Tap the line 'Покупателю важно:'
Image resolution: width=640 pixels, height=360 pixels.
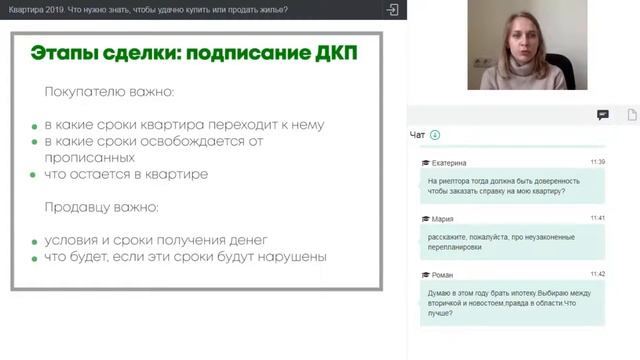point(109,92)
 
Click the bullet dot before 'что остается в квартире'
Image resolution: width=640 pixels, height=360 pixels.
point(34,175)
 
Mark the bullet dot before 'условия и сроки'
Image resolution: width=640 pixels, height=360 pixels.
point(34,240)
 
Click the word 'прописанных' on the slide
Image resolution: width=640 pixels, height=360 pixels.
point(90,157)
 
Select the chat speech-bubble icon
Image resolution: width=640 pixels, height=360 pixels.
point(602,115)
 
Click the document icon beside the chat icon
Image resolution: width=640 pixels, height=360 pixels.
point(631,115)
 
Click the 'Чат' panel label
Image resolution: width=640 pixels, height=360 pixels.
point(418,135)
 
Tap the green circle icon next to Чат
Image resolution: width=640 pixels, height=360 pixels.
point(435,135)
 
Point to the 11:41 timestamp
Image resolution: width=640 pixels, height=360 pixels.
point(597,217)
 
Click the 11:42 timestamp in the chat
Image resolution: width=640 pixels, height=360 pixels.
point(597,273)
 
